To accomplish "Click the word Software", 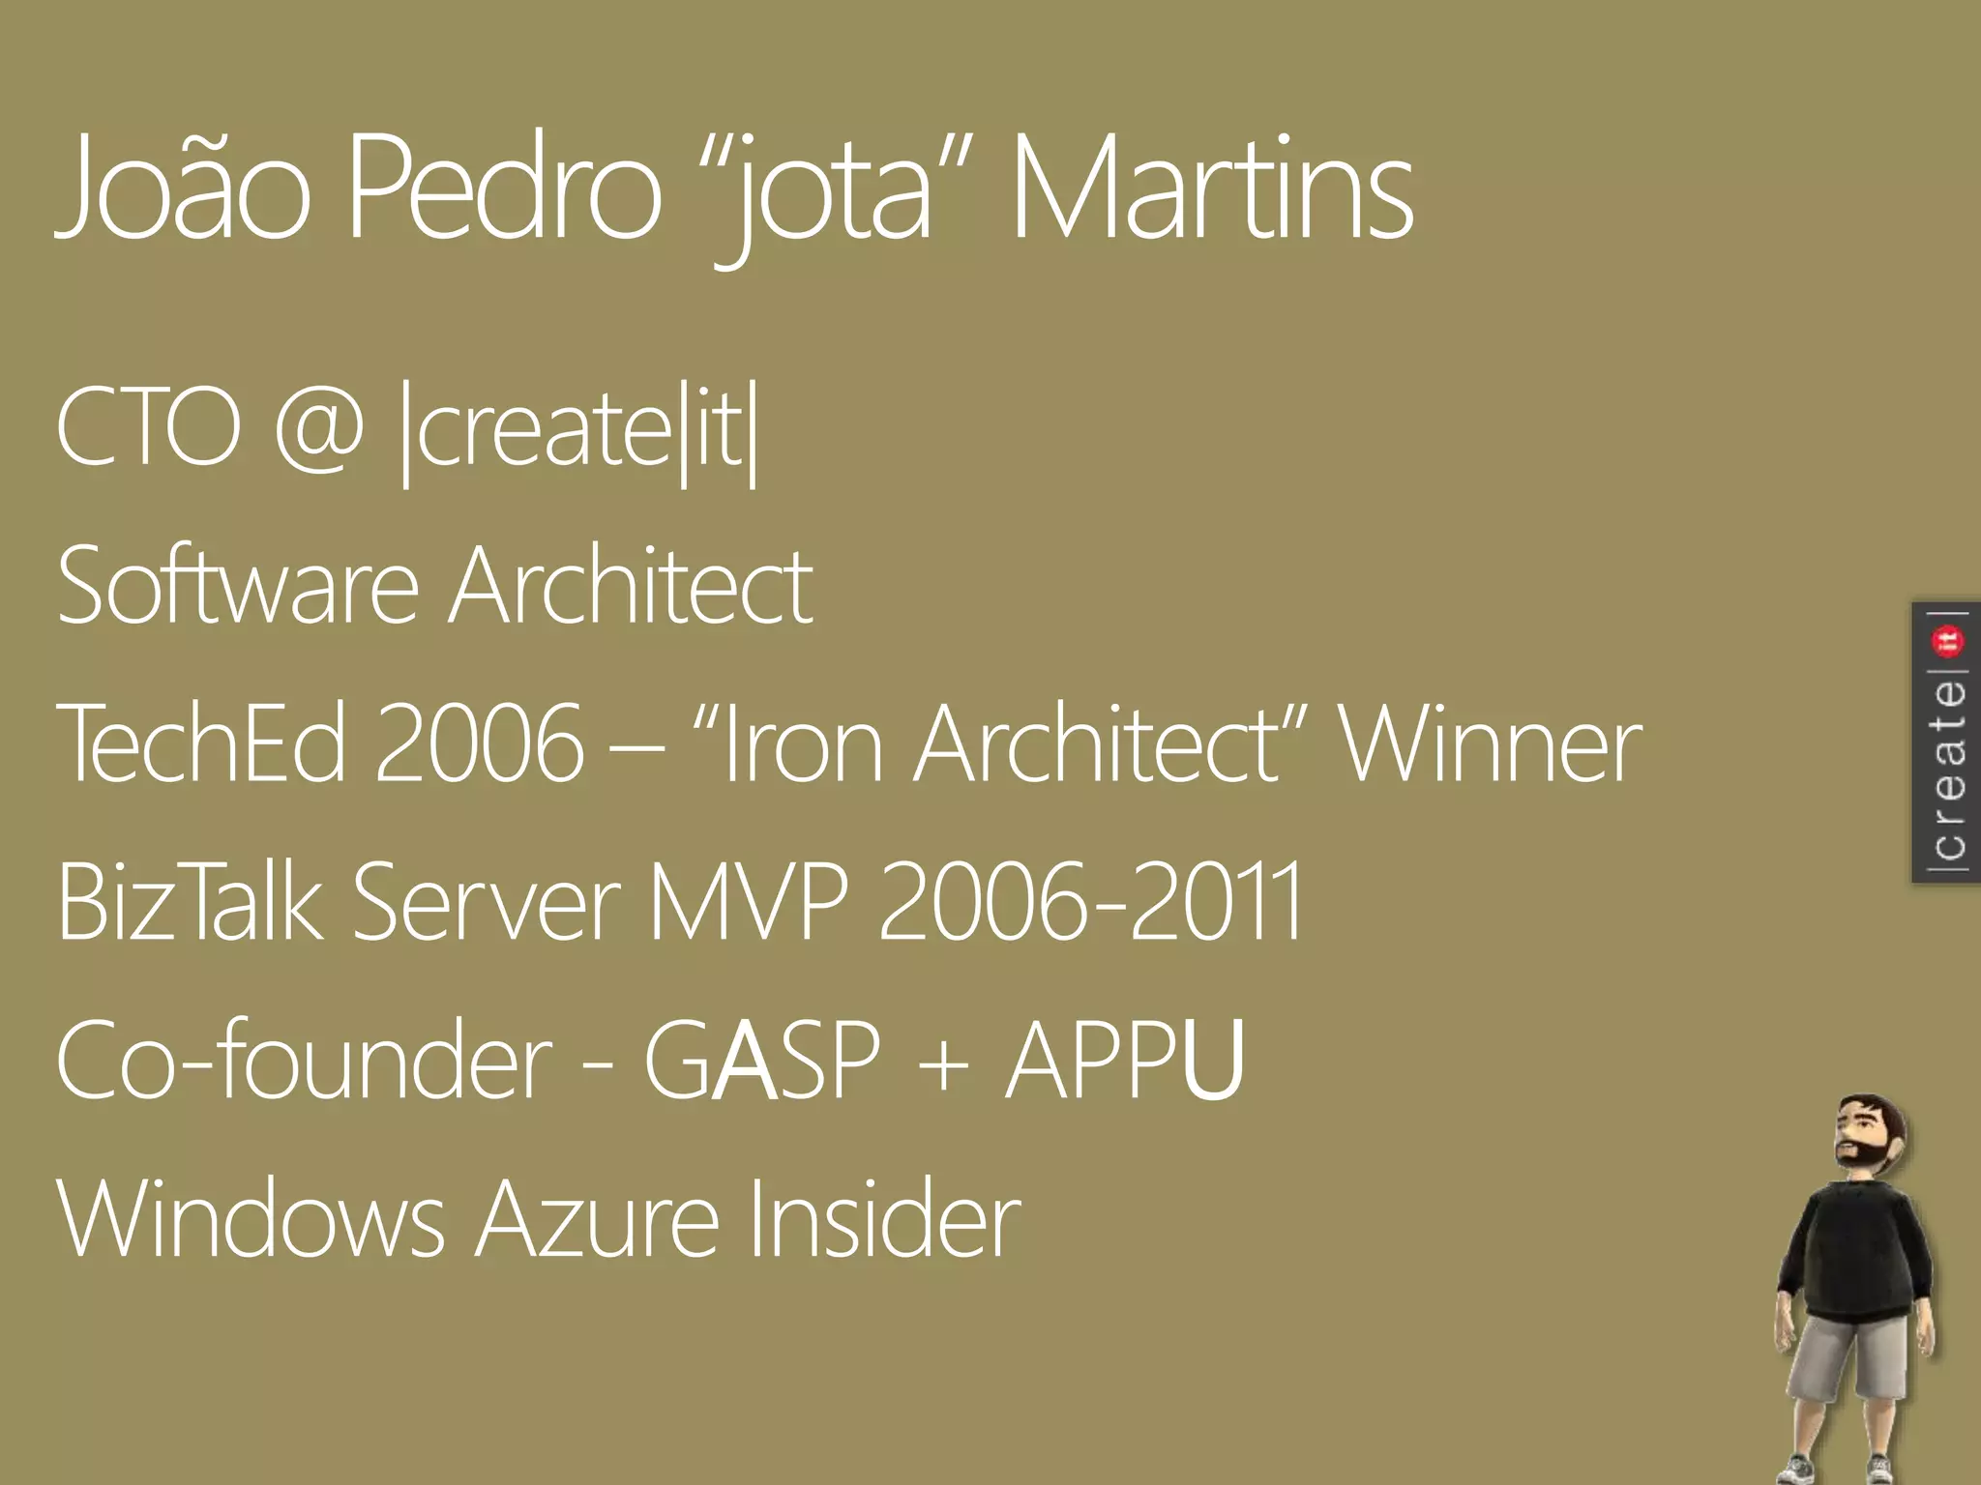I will tap(238, 586).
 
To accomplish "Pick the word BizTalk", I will tap(190, 901).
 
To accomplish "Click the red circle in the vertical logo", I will tap(1946, 640).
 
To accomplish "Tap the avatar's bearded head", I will tap(1868, 1136).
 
